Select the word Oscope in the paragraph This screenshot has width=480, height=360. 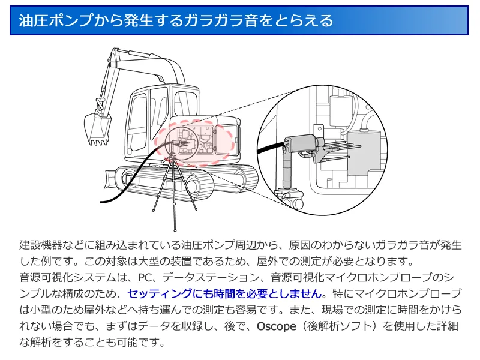(x=277, y=327)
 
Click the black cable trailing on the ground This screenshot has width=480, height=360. (x=114, y=199)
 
